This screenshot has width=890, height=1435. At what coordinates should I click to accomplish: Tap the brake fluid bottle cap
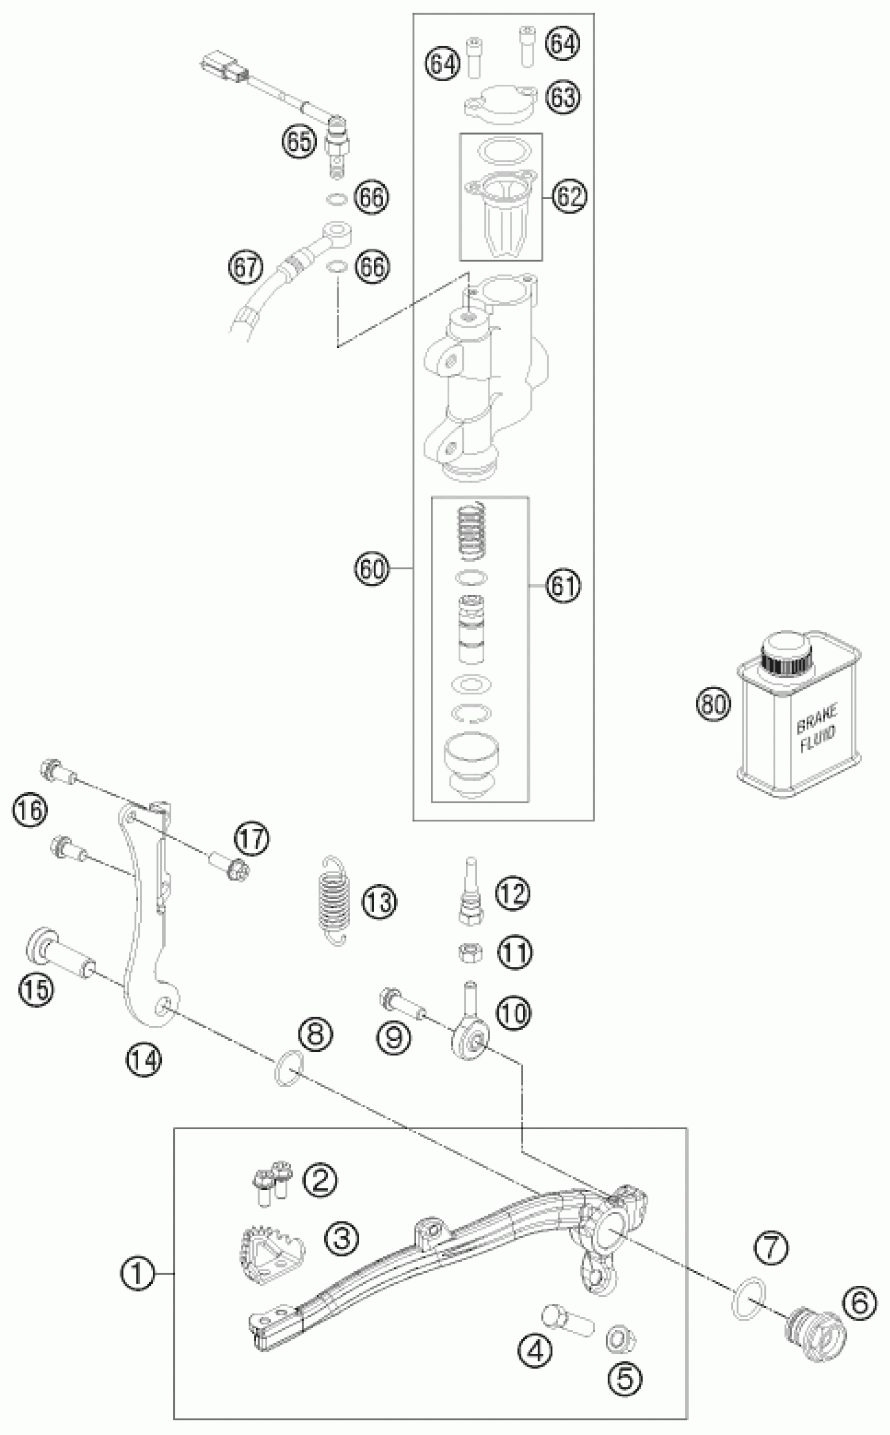tap(787, 654)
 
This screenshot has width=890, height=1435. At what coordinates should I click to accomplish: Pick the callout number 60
tap(372, 569)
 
